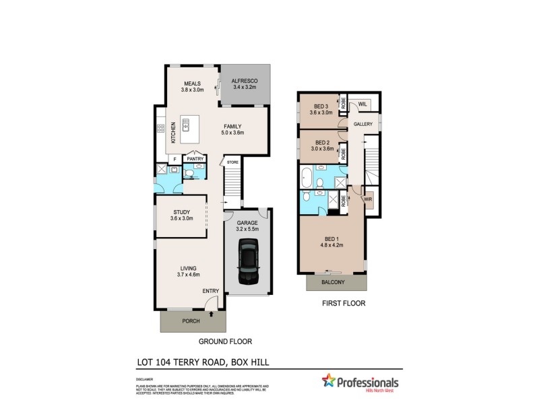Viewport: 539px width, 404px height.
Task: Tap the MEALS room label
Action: click(x=192, y=83)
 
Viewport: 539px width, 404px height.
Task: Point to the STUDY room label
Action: click(x=181, y=212)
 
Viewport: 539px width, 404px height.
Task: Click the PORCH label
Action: click(x=192, y=321)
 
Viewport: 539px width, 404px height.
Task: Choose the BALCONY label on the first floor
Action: click(x=334, y=282)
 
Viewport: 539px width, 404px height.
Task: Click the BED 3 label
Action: click(x=321, y=106)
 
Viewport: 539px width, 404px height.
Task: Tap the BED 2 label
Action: click(x=321, y=143)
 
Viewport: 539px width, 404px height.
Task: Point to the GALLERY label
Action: click(x=363, y=125)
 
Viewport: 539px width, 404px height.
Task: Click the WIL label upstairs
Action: click(x=362, y=104)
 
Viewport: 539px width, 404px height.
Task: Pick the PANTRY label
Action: click(x=195, y=159)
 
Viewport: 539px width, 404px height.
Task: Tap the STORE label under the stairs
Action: click(x=232, y=162)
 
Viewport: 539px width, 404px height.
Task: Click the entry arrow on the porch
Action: click(x=212, y=313)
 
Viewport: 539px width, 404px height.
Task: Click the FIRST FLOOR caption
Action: click(x=344, y=304)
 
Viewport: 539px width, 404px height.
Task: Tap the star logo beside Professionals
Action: click(x=329, y=381)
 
